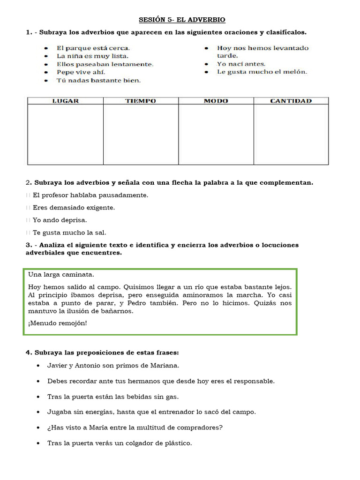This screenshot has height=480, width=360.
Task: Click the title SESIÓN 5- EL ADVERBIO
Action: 182,20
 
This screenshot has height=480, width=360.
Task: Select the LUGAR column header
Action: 66,101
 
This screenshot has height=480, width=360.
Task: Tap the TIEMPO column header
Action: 141,101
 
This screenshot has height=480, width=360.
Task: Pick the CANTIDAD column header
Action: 291,101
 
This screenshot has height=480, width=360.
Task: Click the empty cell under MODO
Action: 216,134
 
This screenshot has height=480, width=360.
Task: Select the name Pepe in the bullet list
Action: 65,72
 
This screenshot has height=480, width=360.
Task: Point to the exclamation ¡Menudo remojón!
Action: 58,323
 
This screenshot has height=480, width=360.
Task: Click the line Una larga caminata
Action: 61,275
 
